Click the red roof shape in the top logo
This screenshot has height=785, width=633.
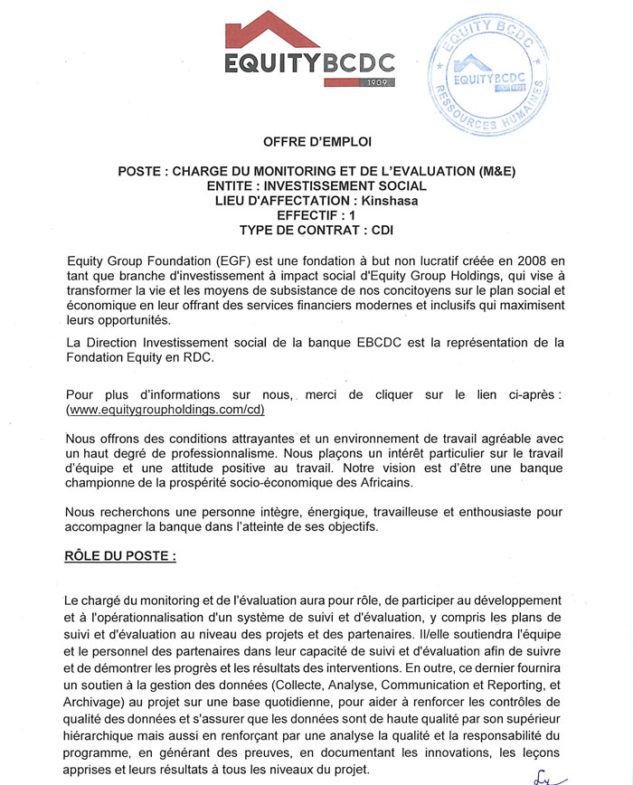click(271, 31)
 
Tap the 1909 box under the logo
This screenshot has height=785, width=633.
click(377, 82)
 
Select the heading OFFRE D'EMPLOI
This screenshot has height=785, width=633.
click(316, 142)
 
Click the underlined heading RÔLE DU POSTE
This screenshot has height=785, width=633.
click(121, 554)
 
